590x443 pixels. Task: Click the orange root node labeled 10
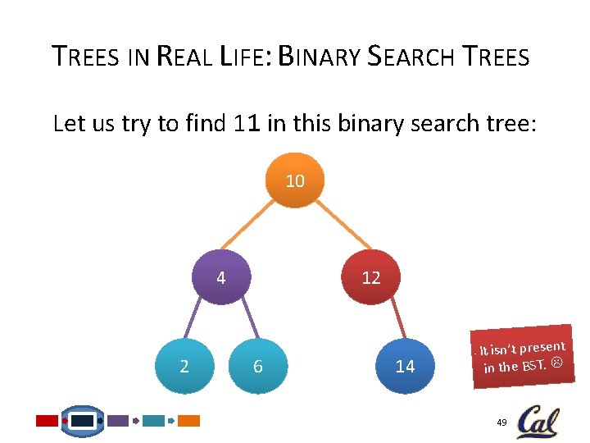pyautogui.click(x=295, y=180)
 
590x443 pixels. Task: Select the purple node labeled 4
pyautogui.click(x=221, y=277)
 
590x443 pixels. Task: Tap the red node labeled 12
pyautogui.click(x=371, y=277)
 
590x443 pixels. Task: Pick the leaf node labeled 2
pyautogui.click(x=184, y=366)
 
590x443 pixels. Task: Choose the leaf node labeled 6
pyautogui.click(x=257, y=366)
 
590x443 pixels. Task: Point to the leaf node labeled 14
pyautogui.click(x=405, y=366)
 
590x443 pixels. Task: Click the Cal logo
pyautogui.click(x=537, y=422)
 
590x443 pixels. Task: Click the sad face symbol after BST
pyautogui.click(x=556, y=361)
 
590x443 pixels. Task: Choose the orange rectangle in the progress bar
pyautogui.click(x=188, y=421)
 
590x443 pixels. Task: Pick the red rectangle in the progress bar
pyautogui.click(x=48, y=421)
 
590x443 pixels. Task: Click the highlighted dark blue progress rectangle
pyautogui.click(x=83, y=421)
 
